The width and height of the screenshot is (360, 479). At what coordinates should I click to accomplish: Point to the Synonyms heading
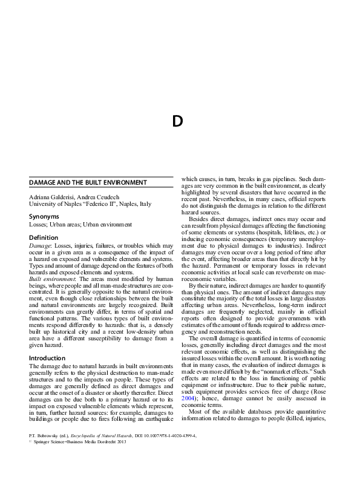coord(44,216)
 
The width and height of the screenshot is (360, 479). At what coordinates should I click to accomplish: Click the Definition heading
coord(44,237)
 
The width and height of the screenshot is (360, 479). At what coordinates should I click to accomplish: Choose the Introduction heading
coord(47,358)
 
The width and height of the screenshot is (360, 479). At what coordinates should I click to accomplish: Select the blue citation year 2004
coord(189,392)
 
